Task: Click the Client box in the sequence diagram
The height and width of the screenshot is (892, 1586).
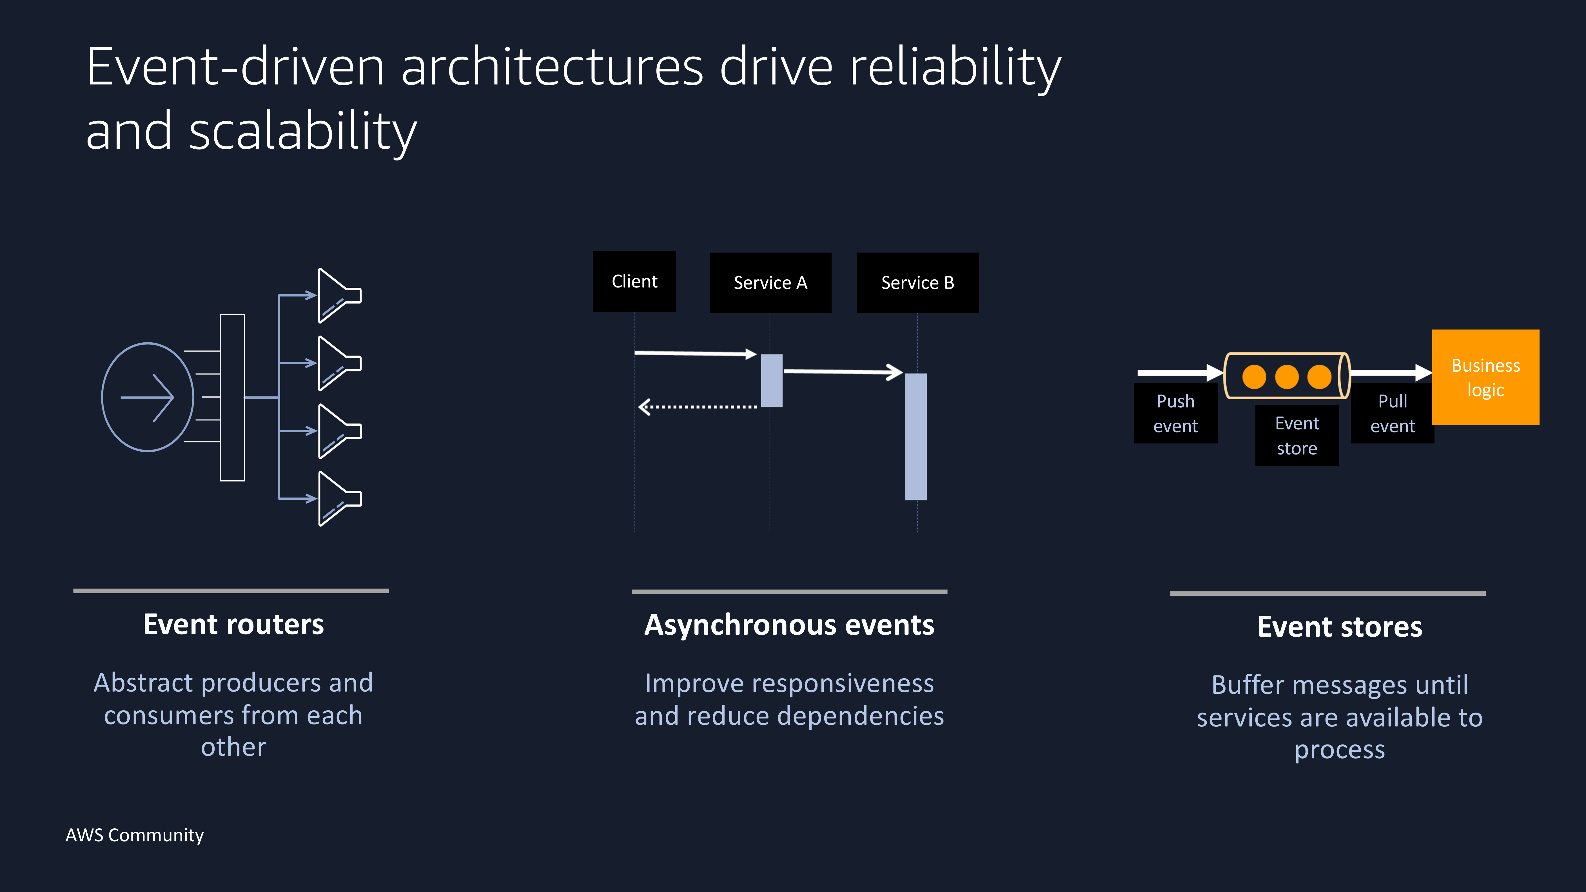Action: tap(634, 281)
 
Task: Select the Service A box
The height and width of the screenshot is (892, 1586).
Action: tap(770, 283)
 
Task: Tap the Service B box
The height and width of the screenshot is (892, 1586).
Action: tap(917, 283)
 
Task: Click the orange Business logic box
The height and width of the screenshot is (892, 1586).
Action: tap(1486, 377)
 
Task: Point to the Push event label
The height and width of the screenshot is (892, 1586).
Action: tap(1175, 413)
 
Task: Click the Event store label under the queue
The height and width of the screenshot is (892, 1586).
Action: tap(1297, 435)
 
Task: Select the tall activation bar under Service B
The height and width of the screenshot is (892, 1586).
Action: tap(915, 436)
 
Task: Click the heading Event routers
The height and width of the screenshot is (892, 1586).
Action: tap(233, 624)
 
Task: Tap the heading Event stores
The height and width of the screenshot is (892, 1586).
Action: tap(1340, 627)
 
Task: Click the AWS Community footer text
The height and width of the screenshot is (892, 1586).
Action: tap(134, 835)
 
